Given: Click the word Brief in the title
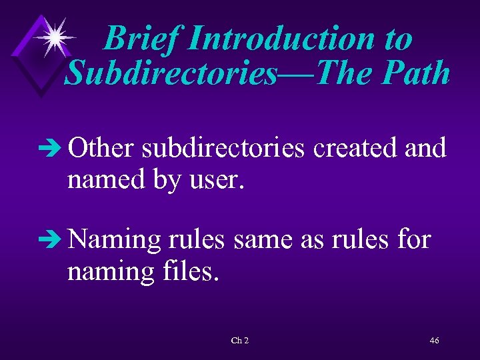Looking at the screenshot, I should coord(141,38).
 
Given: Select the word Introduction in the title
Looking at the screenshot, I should coord(281,38).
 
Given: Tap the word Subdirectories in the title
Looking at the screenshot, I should coord(169,73).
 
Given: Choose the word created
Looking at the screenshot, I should coord(357,147).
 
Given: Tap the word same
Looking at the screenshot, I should coord(263,239).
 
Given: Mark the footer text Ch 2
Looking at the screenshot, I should coord(240,341).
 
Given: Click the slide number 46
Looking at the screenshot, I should coord(435,341).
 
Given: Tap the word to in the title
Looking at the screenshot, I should coord(397,38).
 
